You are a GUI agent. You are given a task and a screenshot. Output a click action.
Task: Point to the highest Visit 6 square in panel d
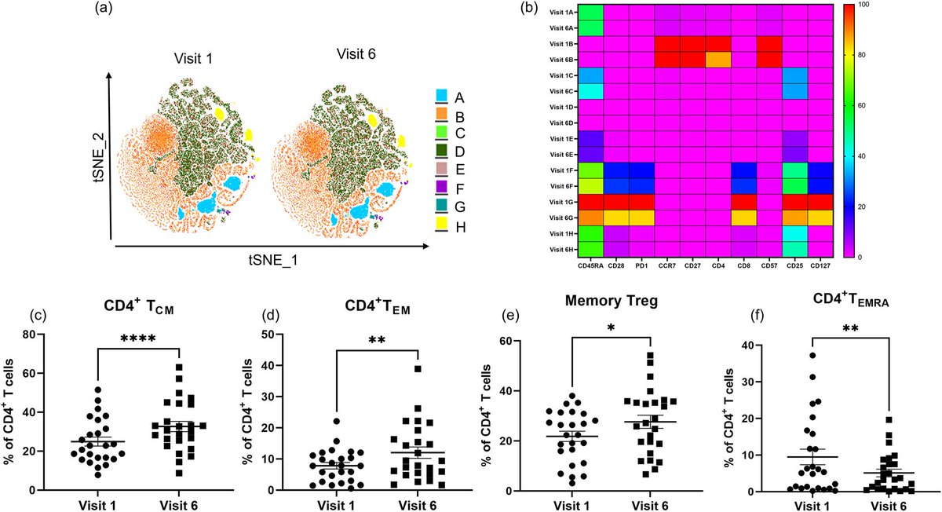pyautogui.click(x=418, y=368)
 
